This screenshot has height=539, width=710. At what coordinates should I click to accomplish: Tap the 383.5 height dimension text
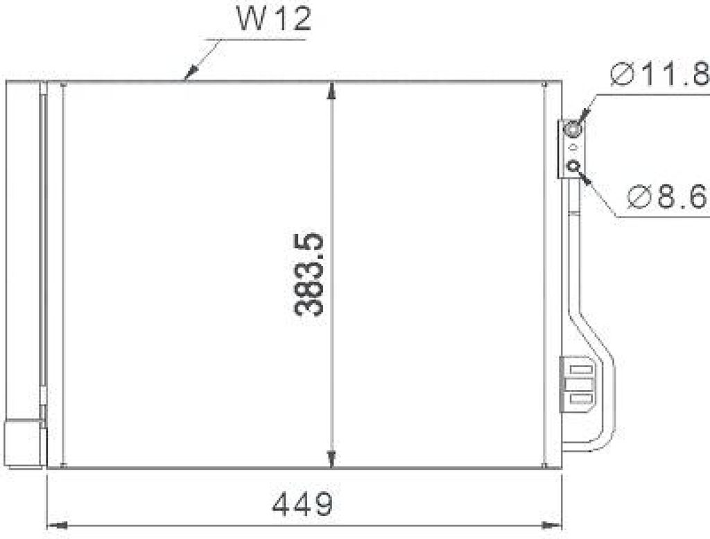click(309, 275)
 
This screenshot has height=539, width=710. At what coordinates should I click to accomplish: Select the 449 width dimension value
click(303, 504)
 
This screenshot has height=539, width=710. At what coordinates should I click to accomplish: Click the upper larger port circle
click(572, 129)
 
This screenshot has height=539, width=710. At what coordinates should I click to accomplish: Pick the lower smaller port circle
click(573, 166)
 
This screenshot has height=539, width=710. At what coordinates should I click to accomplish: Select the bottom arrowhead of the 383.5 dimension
click(332, 459)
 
